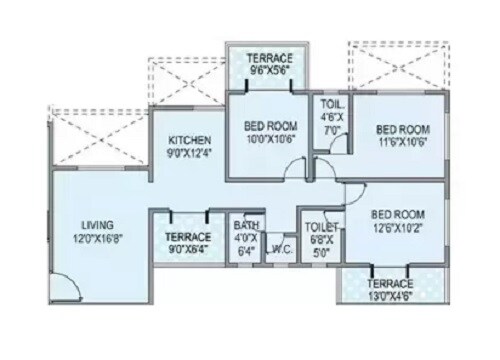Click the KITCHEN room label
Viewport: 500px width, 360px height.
188,140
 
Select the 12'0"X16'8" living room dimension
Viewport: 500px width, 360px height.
98,240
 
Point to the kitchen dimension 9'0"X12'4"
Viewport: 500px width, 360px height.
188,153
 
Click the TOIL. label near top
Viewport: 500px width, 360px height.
332,104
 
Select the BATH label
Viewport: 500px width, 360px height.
245,225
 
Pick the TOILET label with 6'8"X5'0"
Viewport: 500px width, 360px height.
320,227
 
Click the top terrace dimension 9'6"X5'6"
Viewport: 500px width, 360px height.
268,71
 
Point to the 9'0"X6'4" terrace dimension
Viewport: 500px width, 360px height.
187,252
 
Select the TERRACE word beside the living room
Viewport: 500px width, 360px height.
187,238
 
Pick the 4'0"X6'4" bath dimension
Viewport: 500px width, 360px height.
245,246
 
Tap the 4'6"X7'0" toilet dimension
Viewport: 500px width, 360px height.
332,122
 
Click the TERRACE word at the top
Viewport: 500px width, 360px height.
268,58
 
